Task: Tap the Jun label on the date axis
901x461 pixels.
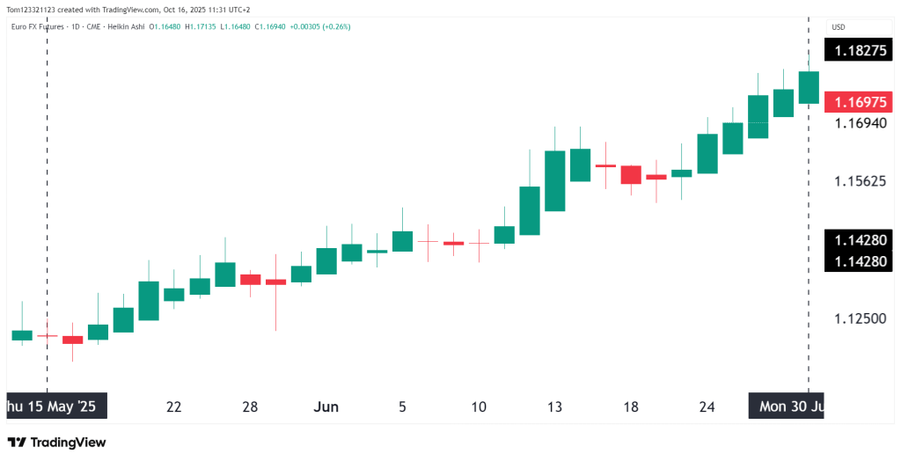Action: (326, 406)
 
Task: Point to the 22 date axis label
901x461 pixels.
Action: (173, 406)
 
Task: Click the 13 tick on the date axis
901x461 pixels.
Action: (554, 406)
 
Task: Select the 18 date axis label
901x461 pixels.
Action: (631, 406)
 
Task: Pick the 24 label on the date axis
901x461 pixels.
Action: (707, 406)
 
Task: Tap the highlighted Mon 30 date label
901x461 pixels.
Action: (786, 406)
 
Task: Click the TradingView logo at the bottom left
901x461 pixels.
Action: (56, 443)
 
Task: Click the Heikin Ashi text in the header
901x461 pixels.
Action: (126, 26)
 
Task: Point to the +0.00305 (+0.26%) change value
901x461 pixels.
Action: (320, 26)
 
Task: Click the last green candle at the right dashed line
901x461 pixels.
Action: (809, 87)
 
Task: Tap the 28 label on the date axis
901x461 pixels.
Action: (250, 406)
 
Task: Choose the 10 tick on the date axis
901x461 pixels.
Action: (479, 406)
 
